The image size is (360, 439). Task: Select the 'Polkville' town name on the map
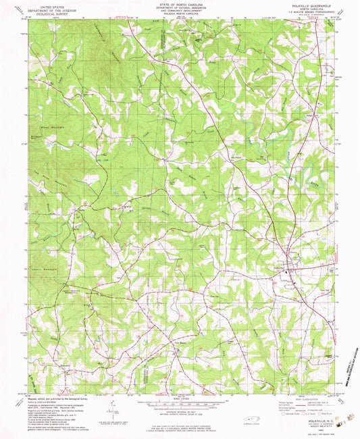[x=280, y=268]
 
